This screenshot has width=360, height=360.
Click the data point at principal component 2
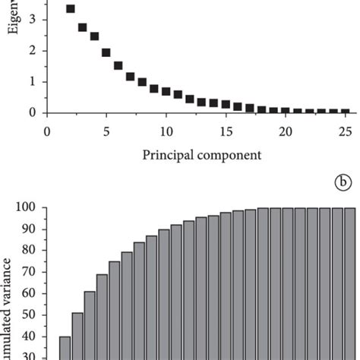71,9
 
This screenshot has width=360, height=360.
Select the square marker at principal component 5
106,52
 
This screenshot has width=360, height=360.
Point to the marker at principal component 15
226,104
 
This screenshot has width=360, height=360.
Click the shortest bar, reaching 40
65,348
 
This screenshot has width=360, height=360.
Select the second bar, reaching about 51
77,336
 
